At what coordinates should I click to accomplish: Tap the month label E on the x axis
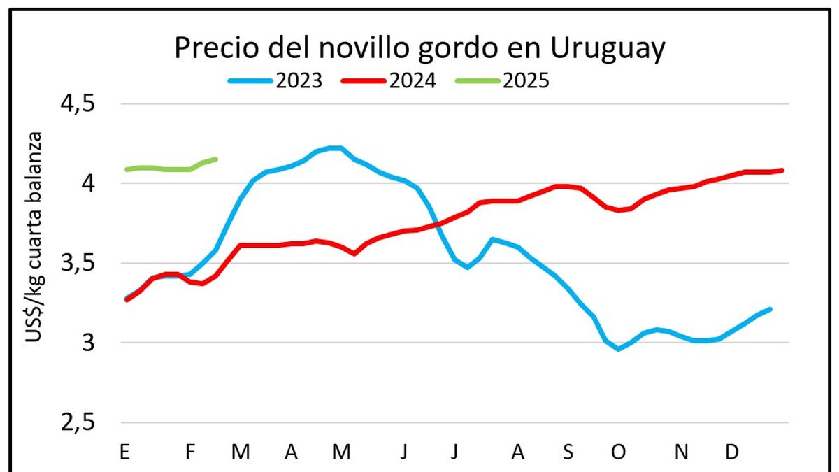pyautogui.click(x=125, y=452)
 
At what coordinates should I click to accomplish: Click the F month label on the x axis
pyautogui.click(x=189, y=452)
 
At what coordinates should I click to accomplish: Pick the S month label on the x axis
pyautogui.click(x=568, y=452)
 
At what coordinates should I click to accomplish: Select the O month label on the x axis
pyautogui.click(x=618, y=452)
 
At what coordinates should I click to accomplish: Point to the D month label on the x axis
pyautogui.click(x=731, y=452)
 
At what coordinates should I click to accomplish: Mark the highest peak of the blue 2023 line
pyautogui.click(x=335, y=148)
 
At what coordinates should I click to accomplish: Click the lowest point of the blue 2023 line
pyautogui.click(x=618, y=349)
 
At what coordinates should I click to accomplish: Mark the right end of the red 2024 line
pyautogui.click(x=782, y=170)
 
